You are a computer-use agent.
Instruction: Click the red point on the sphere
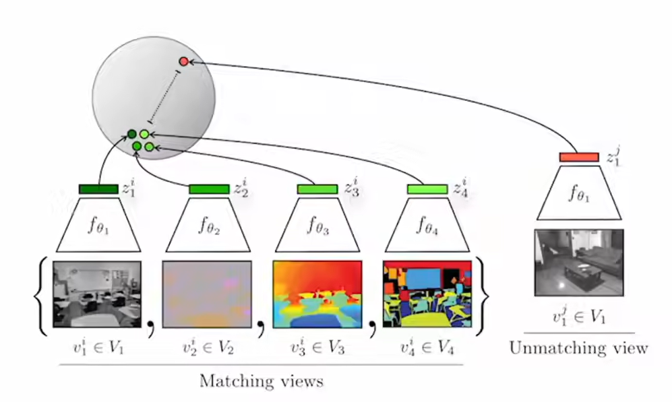(183, 62)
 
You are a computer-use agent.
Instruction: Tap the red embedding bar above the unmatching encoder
(579, 157)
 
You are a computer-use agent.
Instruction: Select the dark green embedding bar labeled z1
(98, 189)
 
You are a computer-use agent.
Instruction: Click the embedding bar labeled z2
(209, 189)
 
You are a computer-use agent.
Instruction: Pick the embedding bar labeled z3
(317, 189)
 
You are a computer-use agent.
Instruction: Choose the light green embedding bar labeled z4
(427, 189)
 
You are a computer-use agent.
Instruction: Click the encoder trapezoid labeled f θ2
(207, 225)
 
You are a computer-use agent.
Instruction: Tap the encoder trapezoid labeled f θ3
(317, 225)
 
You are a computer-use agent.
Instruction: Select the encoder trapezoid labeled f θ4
(426, 225)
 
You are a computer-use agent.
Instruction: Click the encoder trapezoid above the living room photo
(579, 195)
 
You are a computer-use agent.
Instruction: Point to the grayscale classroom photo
(97, 294)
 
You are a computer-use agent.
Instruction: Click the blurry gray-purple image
(207, 294)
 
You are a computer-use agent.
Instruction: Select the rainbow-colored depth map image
(317, 294)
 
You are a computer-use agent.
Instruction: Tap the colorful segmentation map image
(427, 294)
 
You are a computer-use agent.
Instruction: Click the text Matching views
(262, 381)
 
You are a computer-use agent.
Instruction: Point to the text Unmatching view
(579, 348)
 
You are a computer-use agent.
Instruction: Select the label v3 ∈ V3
(317, 347)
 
